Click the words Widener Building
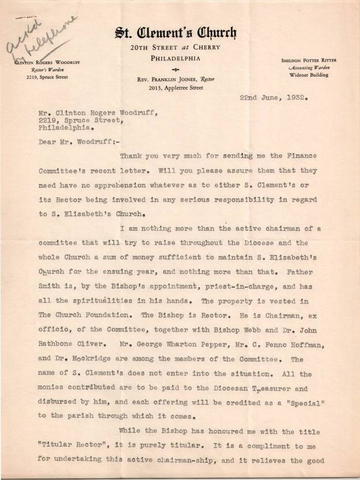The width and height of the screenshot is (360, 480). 310,75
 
